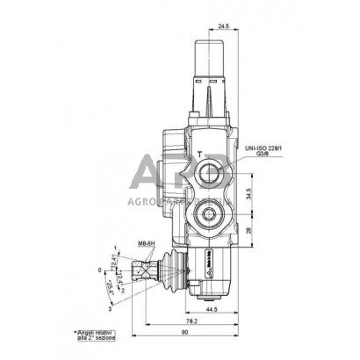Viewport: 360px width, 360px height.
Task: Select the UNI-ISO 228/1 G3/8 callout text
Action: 264,155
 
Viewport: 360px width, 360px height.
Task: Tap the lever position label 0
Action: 100,270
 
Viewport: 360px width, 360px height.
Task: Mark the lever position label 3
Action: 111,310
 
